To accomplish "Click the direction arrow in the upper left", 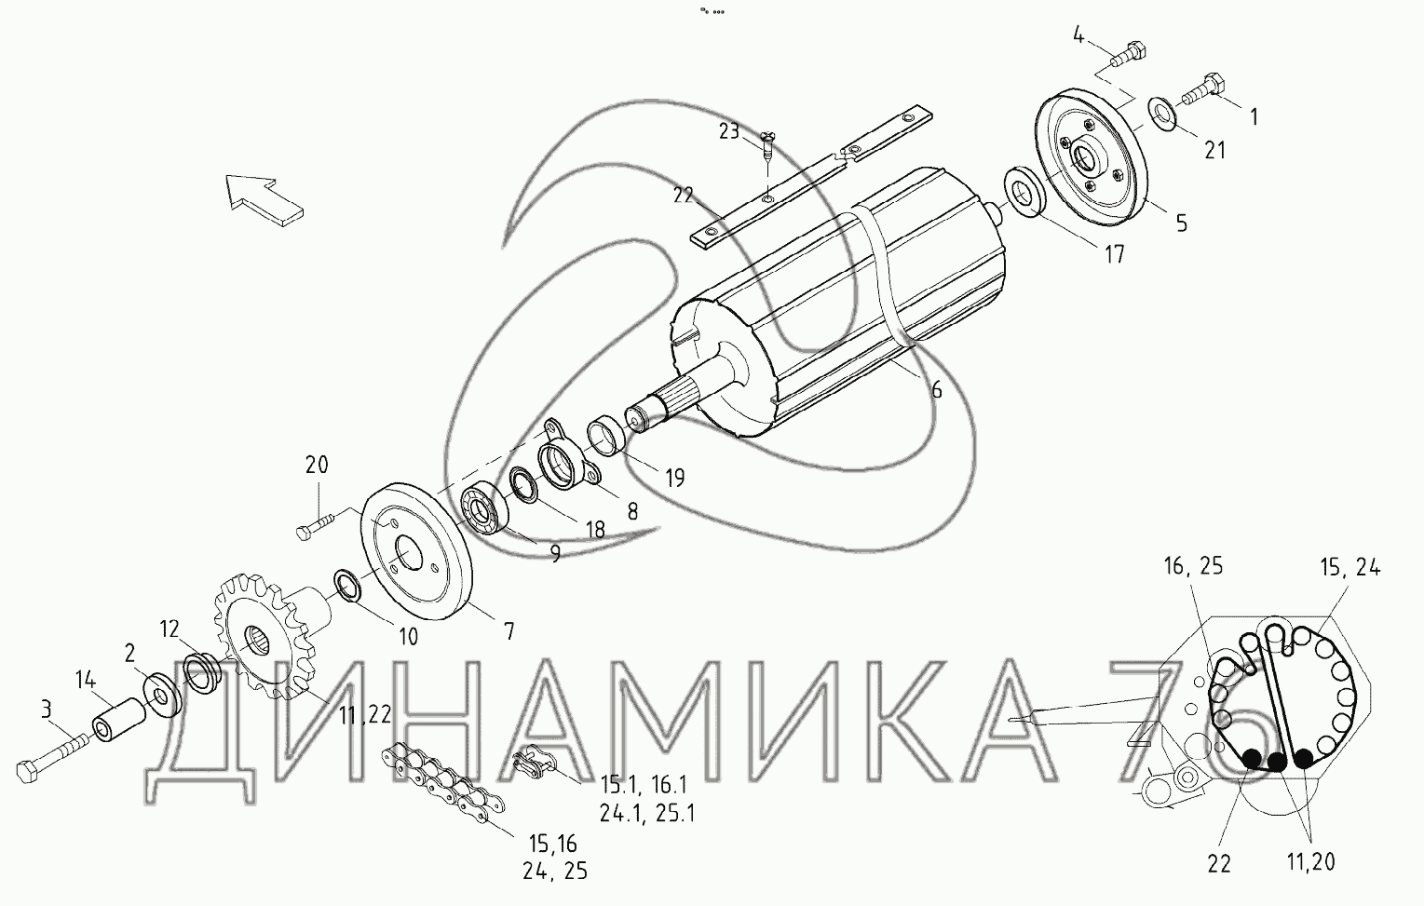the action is [263, 199].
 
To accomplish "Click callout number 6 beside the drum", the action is [936, 390].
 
